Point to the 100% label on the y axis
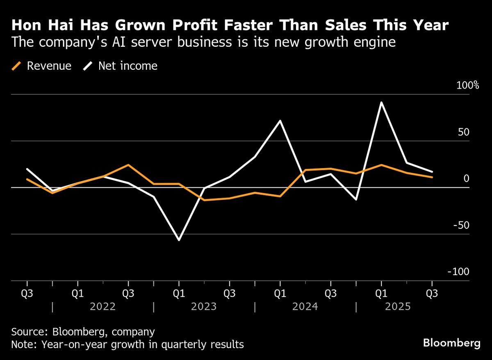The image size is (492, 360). click(x=468, y=86)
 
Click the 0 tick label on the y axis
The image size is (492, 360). click(x=466, y=179)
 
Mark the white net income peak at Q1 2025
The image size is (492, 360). click(x=382, y=103)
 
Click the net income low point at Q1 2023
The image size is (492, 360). click(x=179, y=240)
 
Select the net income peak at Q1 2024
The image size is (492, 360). click(x=280, y=121)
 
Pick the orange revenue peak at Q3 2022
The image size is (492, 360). click(x=128, y=165)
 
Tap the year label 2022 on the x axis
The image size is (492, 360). click(x=103, y=307)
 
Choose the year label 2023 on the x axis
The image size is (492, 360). click(x=204, y=307)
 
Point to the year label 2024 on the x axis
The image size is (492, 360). click(x=305, y=307)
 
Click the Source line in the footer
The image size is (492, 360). click(x=83, y=332)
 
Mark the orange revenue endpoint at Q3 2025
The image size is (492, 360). click(x=432, y=177)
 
